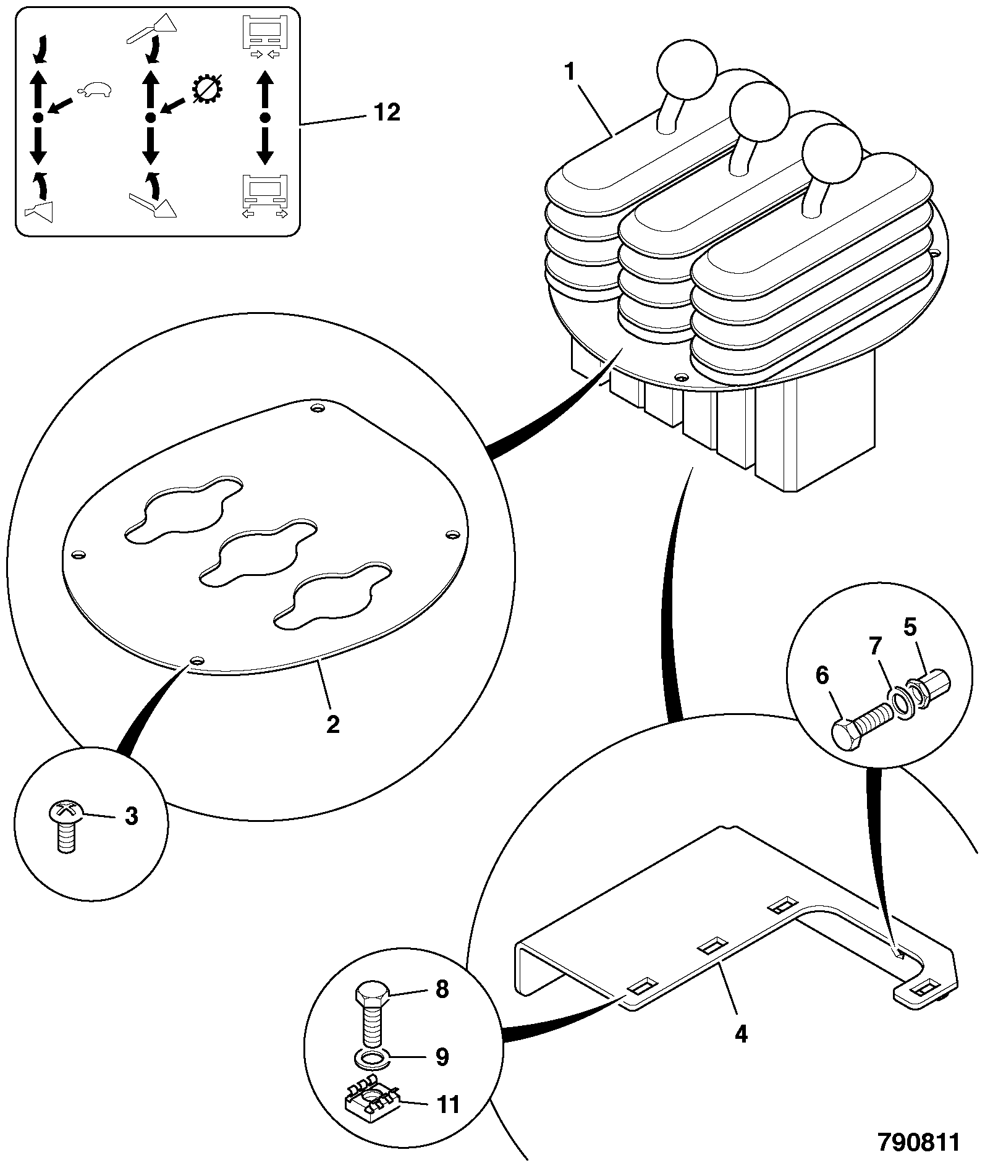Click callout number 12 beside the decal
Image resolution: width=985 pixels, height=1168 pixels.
click(x=387, y=113)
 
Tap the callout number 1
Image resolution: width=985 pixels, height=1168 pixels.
click(x=569, y=72)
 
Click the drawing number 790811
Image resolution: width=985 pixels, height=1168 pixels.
click(x=919, y=1142)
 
